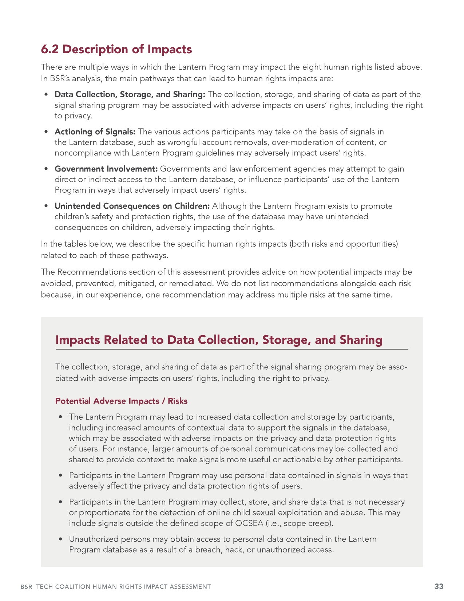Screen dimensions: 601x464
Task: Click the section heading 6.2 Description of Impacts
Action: [x=116, y=49]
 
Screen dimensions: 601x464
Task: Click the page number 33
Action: [x=439, y=586]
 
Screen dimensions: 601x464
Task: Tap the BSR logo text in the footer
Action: [x=26, y=587]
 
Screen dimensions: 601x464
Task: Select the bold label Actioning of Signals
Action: [x=95, y=131]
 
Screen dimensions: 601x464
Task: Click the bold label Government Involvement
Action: [x=106, y=169]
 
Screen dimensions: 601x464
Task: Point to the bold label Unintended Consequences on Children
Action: [x=132, y=206]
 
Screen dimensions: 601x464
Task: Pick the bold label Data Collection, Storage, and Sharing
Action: [x=130, y=94]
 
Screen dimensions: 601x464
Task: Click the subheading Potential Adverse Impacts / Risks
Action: [x=121, y=401]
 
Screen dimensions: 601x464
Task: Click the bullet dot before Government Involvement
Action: [x=46, y=169]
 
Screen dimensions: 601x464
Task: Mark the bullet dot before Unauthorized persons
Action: [x=61, y=539]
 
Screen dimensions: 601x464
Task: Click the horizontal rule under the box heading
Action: [x=231, y=349]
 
